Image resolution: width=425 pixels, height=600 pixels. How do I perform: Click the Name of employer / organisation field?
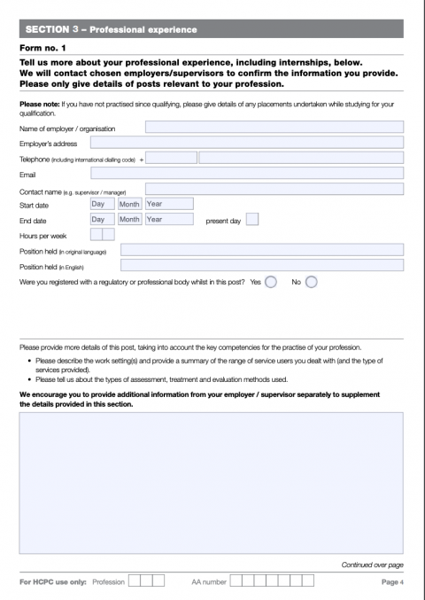[x=274, y=128]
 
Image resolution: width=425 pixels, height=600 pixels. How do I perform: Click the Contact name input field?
[x=274, y=189]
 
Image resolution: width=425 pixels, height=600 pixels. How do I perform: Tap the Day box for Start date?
[x=102, y=204]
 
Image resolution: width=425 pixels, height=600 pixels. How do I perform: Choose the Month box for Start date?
[x=129, y=204]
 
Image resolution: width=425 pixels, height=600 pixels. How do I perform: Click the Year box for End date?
[x=168, y=219]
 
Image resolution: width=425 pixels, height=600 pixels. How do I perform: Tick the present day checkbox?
[x=252, y=219]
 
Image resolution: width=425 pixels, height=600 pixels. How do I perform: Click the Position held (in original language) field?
[x=261, y=250]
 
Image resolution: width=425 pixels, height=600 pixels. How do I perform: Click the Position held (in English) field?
[x=261, y=265]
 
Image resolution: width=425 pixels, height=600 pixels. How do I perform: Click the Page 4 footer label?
[x=392, y=582]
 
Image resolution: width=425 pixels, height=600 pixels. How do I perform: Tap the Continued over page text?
[x=372, y=565]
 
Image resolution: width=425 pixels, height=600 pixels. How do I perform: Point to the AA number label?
[x=210, y=582]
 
